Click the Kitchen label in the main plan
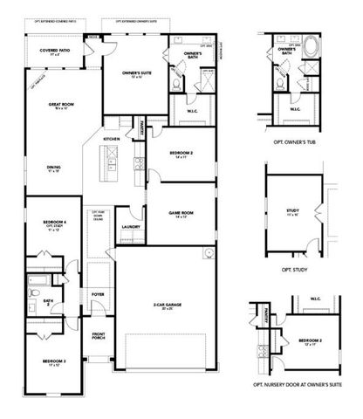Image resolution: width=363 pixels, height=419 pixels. [112, 140]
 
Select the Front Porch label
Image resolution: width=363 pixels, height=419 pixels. [98, 336]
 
